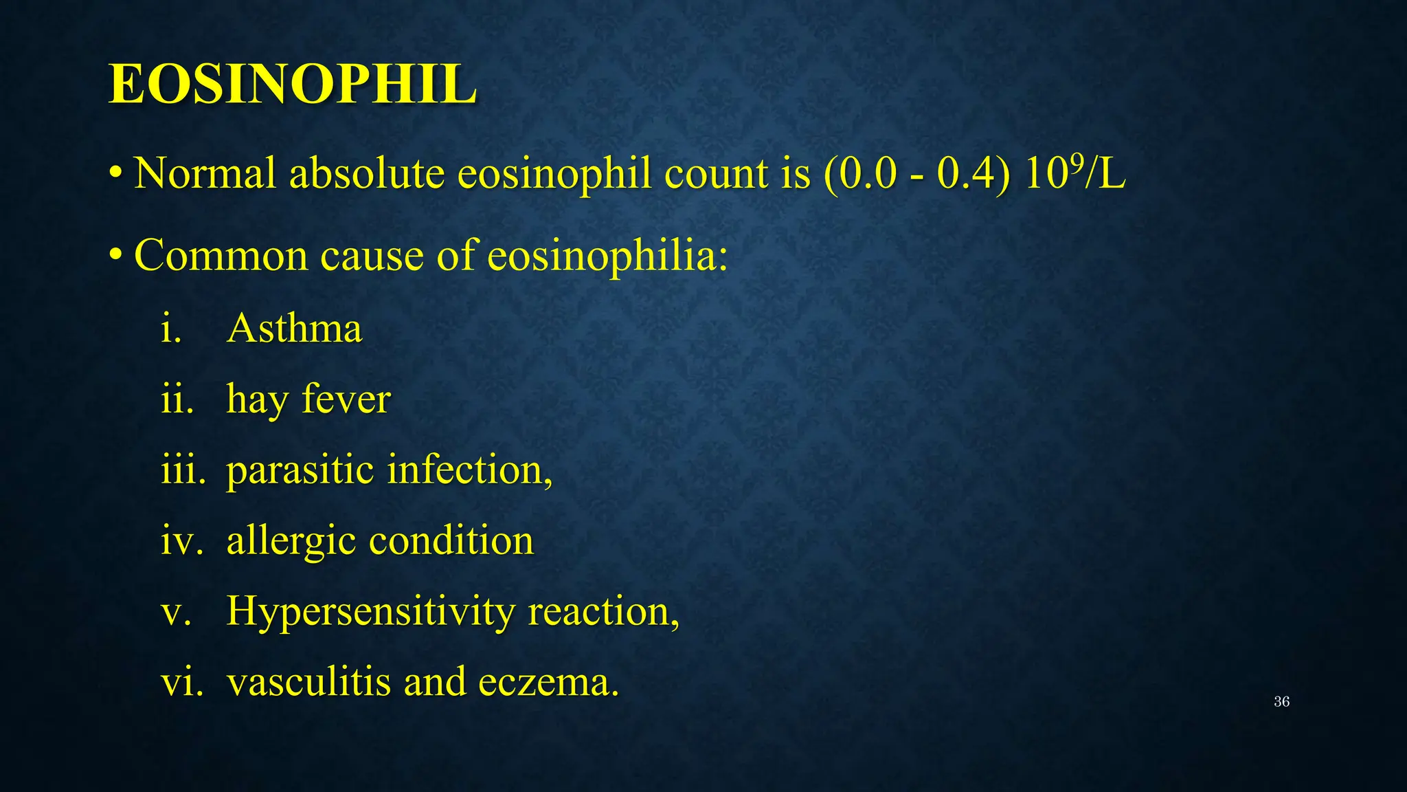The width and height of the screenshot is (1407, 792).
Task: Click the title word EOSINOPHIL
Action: (x=293, y=85)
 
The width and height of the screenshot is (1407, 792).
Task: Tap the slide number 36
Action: (x=1281, y=702)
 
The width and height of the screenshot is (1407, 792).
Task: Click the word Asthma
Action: (x=294, y=329)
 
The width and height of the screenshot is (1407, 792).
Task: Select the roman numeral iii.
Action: (x=183, y=471)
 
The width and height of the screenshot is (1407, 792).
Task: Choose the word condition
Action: (x=451, y=541)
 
